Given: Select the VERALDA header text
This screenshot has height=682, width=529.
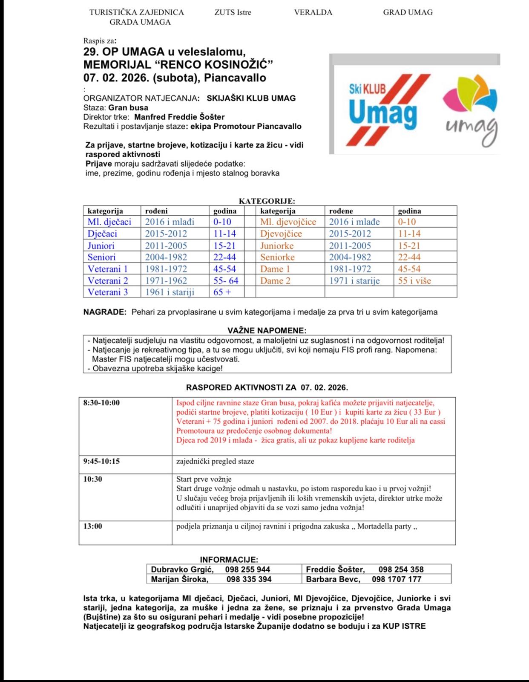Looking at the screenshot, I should pos(313,12).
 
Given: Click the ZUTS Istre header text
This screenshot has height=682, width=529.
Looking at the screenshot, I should pos(233,12).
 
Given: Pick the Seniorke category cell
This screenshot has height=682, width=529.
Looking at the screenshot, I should pos(277,257).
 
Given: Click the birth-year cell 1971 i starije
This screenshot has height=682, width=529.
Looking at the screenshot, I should pos(354,280).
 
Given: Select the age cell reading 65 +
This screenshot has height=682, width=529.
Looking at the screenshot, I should pos(222,292).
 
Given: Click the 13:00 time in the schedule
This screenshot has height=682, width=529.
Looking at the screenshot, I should pos(93,526).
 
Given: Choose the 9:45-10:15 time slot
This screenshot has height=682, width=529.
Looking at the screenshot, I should pos(101,461).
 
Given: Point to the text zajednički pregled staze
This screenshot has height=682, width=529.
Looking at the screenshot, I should pos(215,461).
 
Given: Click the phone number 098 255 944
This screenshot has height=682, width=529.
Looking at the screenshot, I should pos(247,569).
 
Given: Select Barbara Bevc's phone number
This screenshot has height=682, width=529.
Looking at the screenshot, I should pos(397,579).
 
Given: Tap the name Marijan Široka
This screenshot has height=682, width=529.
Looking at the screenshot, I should pos(180,579).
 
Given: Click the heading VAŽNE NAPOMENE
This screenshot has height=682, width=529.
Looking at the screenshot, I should pos(267,330).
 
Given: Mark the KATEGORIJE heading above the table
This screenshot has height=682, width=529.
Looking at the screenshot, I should pos(267,201).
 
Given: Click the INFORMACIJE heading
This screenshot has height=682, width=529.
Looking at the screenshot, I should pos(229,560).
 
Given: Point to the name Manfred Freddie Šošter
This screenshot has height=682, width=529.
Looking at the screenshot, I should pos(179,117).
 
